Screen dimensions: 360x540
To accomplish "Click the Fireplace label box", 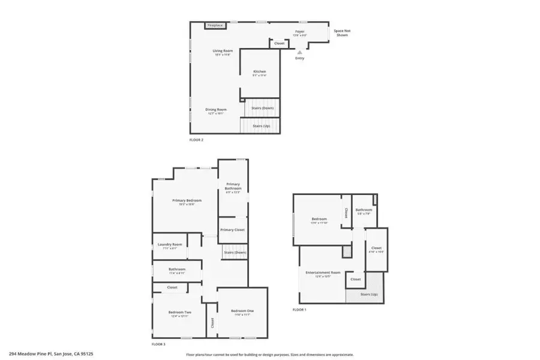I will tap(215, 25).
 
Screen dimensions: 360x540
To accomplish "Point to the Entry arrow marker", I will tap(299, 52).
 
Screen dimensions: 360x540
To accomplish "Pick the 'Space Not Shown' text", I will tap(341, 32).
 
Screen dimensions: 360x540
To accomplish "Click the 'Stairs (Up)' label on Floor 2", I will tap(260, 127).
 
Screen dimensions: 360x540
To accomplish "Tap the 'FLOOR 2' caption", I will tap(196, 140).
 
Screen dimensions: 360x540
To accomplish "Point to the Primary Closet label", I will tap(232, 230).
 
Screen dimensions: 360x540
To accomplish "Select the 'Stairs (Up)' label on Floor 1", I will tap(369, 295).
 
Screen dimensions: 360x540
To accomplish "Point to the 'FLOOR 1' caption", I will tap(299, 310).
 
